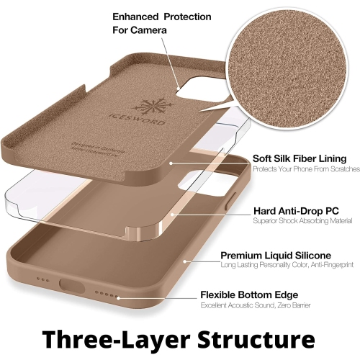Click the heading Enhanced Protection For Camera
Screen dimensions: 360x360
coord(152,24)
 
